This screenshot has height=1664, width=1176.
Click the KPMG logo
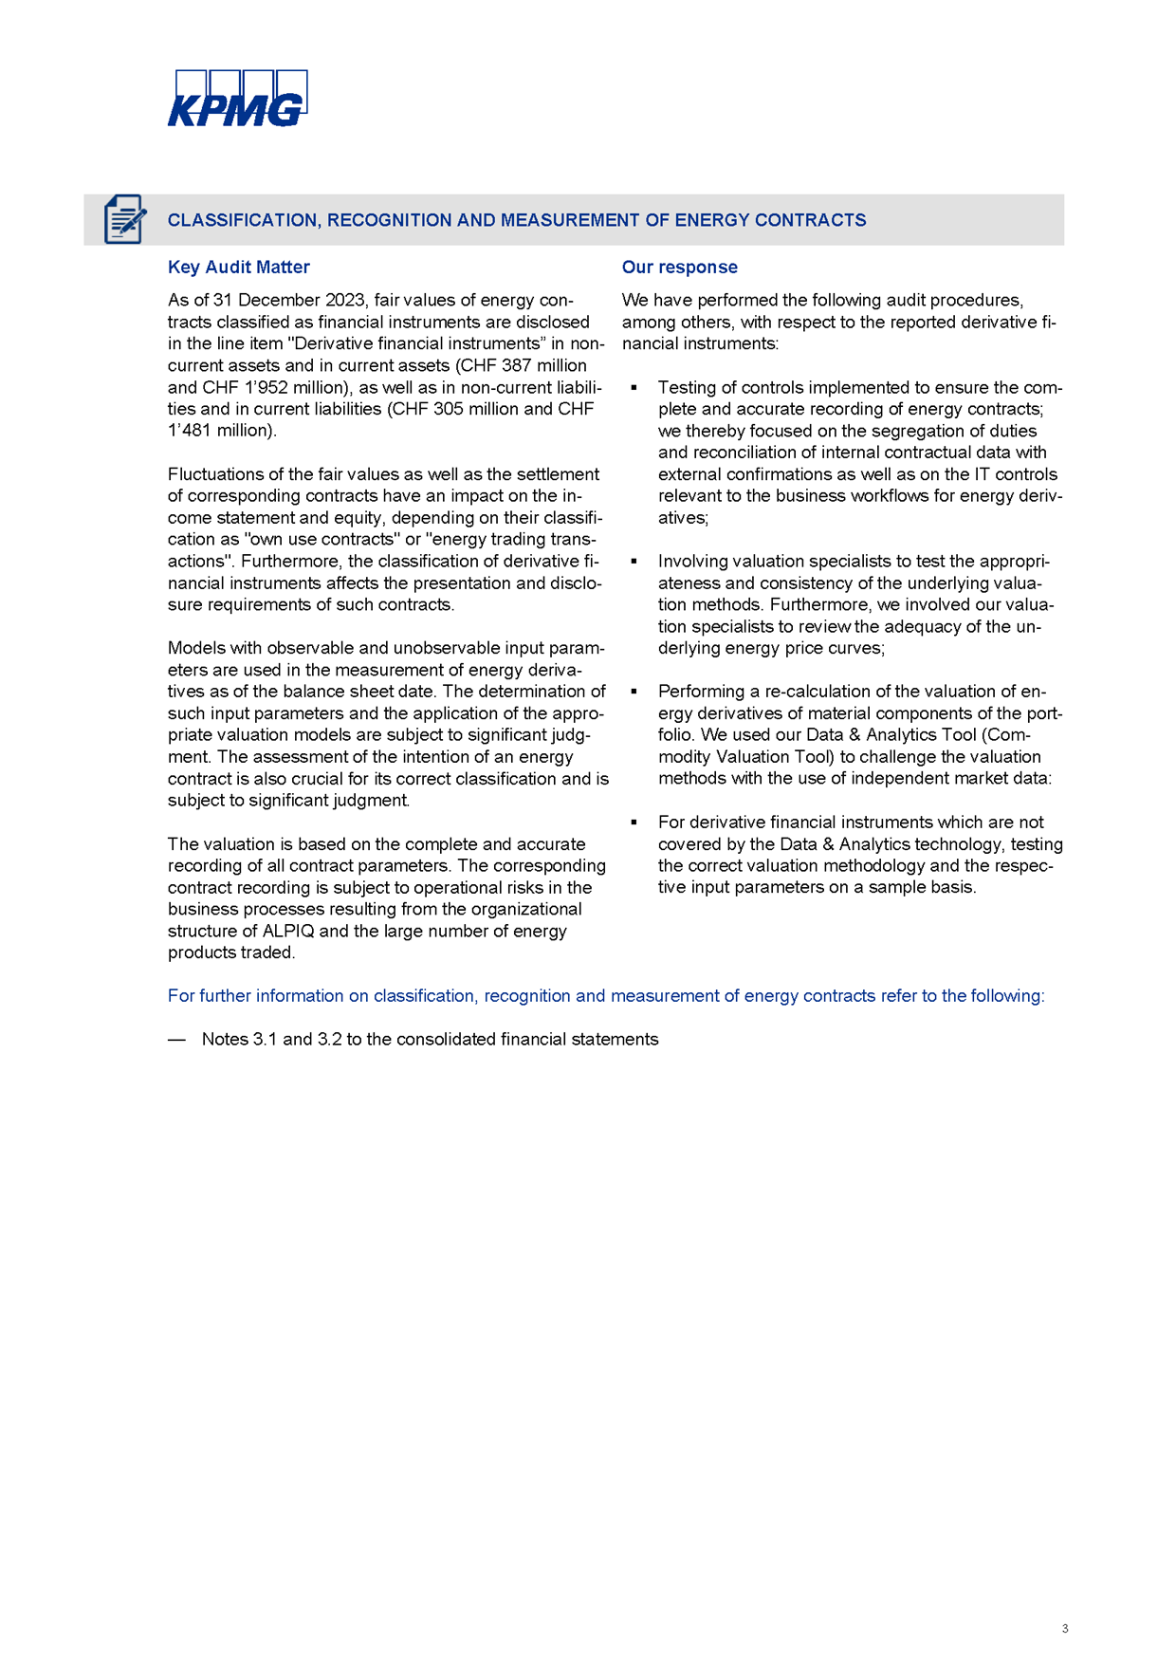237,99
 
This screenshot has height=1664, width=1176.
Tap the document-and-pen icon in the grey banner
124,219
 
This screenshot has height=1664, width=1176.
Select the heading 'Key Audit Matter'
238,268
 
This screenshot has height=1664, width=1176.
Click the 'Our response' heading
679,268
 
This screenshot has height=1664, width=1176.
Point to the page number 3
1065,1628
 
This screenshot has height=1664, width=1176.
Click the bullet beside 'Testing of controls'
634,388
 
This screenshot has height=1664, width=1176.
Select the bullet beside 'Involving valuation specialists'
634,562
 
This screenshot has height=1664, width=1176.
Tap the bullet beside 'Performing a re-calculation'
634,692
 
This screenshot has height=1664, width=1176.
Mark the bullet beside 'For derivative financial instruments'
634,823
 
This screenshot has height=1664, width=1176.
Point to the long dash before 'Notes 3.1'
176,1040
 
